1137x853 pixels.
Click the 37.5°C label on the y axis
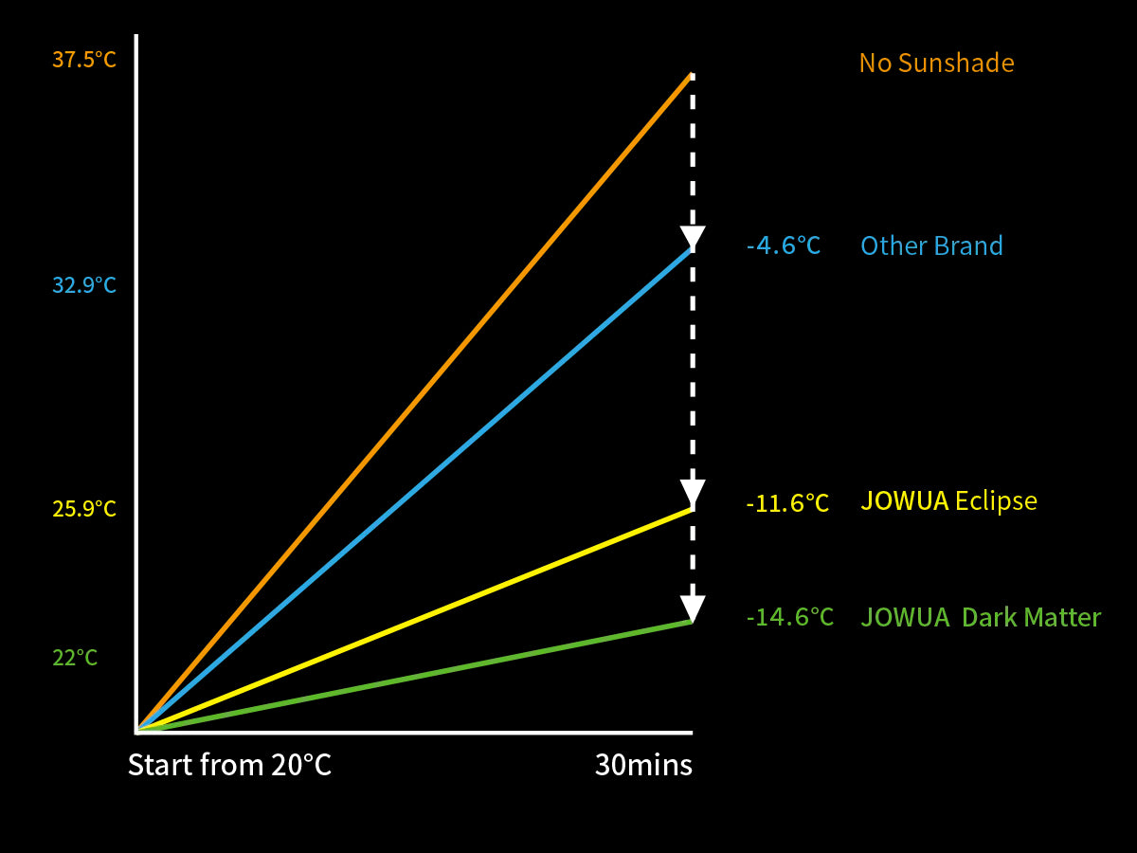pyautogui.click(x=84, y=61)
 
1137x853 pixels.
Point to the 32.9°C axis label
pyautogui.click(x=84, y=285)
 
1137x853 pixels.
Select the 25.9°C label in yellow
pyautogui.click(x=84, y=509)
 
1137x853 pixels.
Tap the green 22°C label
pyautogui.click(x=75, y=658)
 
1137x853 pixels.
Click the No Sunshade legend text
pyautogui.click(x=936, y=64)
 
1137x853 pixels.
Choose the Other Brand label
pyautogui.click(x=931, y=246)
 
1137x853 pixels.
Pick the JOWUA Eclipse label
pyautogui.click(x=948, y=500)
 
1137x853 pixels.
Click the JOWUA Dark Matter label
pyautogui.click(x=981, y=618)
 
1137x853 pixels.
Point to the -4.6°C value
pyautogui.click(x=783, y=246)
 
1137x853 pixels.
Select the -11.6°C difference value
pyautogui.click(x=786, y=503)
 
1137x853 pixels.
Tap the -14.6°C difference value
pyautogui.click(x=789, y=618)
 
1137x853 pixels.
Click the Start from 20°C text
pyautogui.click(x=229, y=765)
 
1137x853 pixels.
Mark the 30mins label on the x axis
pyautogui.click(x=643, y=765)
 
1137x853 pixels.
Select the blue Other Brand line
pyautogui.click(x=417, y=488)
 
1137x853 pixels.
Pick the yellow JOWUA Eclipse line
pyautogui.click(x=417, y=620)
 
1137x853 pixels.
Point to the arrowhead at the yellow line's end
pyautogui.click(x=693, y=493)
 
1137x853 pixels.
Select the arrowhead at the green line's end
pyautogui.click(x=693, y=607)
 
